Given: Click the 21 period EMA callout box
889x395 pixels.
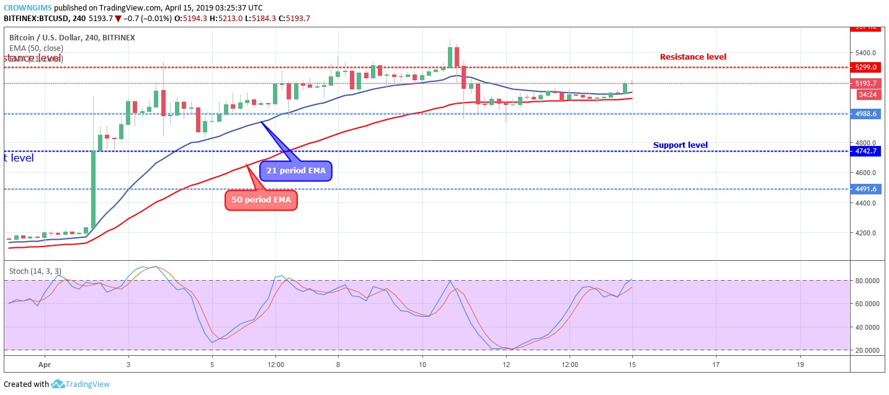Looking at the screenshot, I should tap(295, 170).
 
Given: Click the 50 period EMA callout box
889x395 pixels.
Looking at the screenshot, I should tap(261, 200).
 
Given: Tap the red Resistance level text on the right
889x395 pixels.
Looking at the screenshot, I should tap(693, 57).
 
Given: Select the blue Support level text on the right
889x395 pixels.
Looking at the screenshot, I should tap(680, 145).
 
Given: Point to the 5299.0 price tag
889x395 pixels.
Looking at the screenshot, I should tap(865, 67).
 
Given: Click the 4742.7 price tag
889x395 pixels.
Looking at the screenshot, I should tap(865, 151).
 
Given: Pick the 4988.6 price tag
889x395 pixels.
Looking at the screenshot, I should tap(865, 114).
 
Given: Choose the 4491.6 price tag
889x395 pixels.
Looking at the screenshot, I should tap(865, 189).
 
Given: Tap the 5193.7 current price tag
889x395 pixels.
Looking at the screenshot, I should tap(865, 83).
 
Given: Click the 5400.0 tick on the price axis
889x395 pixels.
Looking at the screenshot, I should tap(864, 53).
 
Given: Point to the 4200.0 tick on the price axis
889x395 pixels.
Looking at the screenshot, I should tap(864, 233).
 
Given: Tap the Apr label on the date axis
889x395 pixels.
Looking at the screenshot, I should tap(43, 365).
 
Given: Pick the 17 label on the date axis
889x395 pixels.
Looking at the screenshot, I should tap(715, 365).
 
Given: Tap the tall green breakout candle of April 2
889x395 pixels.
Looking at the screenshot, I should tap(94, 189).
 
